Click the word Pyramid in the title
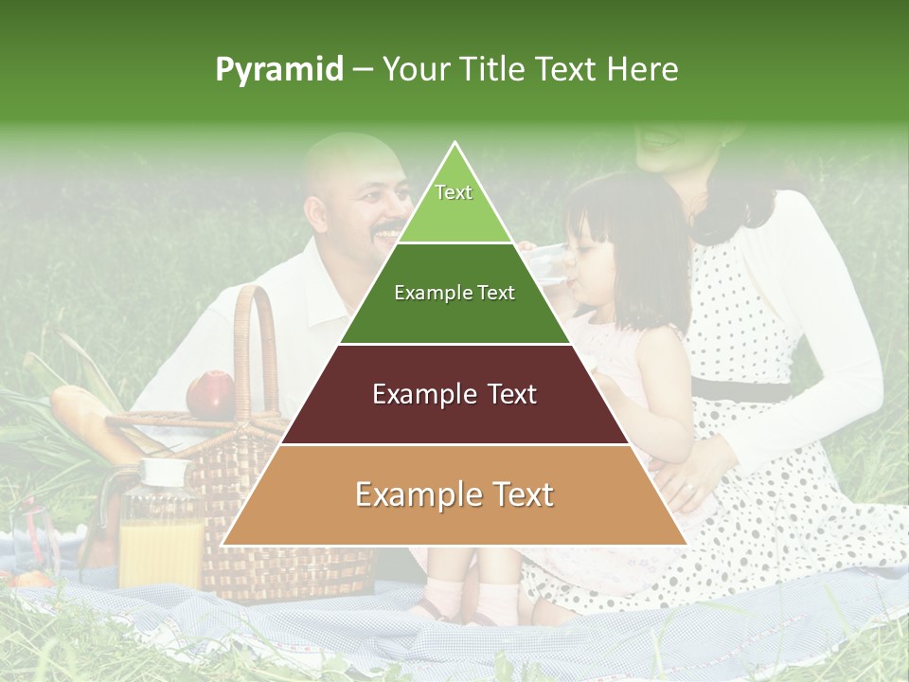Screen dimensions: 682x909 point(279,70)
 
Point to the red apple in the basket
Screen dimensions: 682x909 point(210,393)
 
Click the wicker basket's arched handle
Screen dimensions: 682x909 point(254,332)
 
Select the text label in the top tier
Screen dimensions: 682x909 point(454,192)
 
